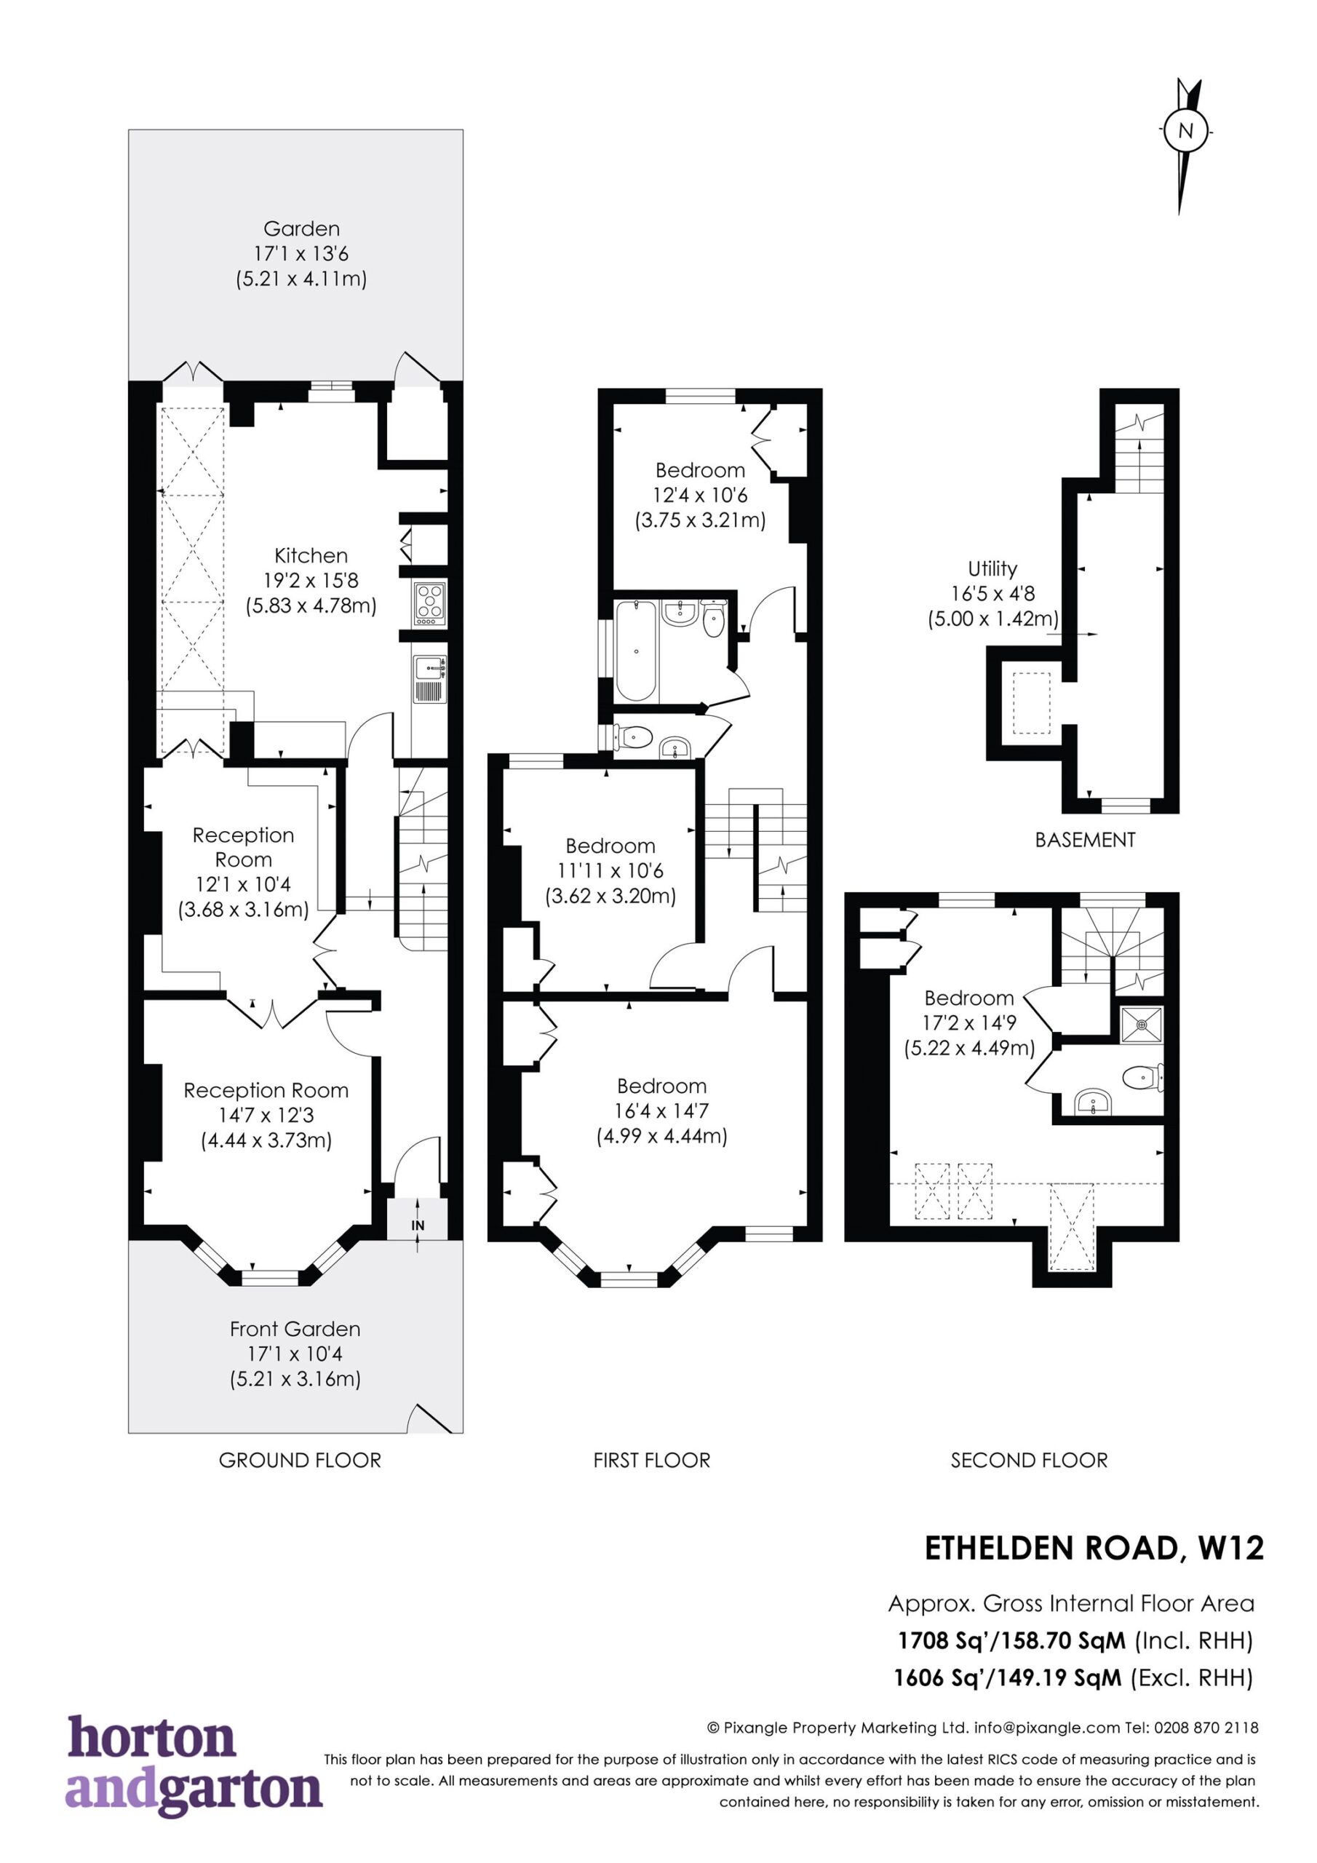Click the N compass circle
tap(1185, 130)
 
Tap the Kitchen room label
tap(311, 556)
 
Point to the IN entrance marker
tap(418, 1226)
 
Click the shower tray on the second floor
tap(1141, 1024)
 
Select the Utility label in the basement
tap(992, 569)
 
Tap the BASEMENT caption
tap(1085, 840)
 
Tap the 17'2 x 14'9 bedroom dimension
tap(970, 1024)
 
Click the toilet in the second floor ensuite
tap(1144, 1078)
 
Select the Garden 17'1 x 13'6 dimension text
tap(301, 254)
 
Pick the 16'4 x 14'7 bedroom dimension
tap(662, 1111)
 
